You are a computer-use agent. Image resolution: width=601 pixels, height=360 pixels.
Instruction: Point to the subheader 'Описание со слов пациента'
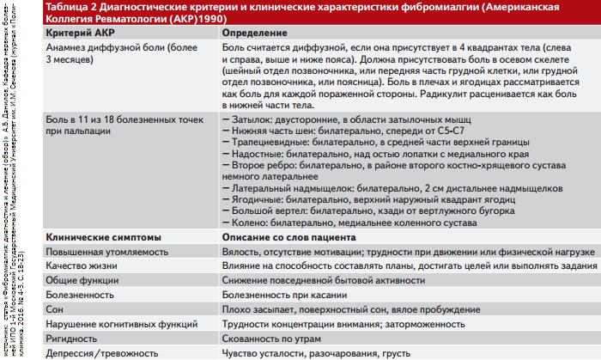288,236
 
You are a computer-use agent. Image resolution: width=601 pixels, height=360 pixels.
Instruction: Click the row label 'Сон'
53,309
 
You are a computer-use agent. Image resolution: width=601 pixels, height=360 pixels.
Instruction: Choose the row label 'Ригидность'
70,338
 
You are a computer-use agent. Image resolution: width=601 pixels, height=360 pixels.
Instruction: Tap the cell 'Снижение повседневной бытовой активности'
322,280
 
